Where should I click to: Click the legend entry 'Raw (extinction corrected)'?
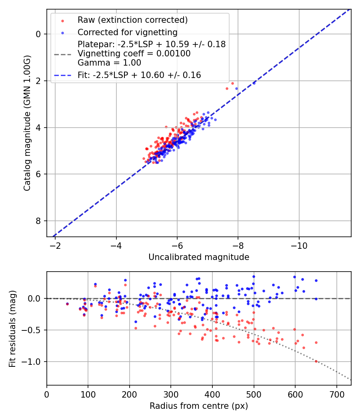tap(132, 20)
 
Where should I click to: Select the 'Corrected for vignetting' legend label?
tap(128, 32)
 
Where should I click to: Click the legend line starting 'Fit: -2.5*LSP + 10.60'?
tap(139, 75)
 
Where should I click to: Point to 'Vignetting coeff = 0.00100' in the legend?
tap(134, 54)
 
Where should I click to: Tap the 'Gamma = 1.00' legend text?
tap(109, 63)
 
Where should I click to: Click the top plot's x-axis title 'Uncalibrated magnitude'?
tap(199, 257)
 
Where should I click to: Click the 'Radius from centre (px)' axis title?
tap(199, 406)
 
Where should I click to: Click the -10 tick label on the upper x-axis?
tap(299, 245)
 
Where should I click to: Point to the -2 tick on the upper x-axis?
tap(55, 245)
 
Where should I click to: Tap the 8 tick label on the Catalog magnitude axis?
tap(38, 221)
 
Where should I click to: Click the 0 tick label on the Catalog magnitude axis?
tap(38, 34)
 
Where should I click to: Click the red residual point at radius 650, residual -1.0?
tap(316, 361)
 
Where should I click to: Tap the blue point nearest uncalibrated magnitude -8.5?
tap(254, 83)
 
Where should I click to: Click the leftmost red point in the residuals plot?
tap(67, 304)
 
